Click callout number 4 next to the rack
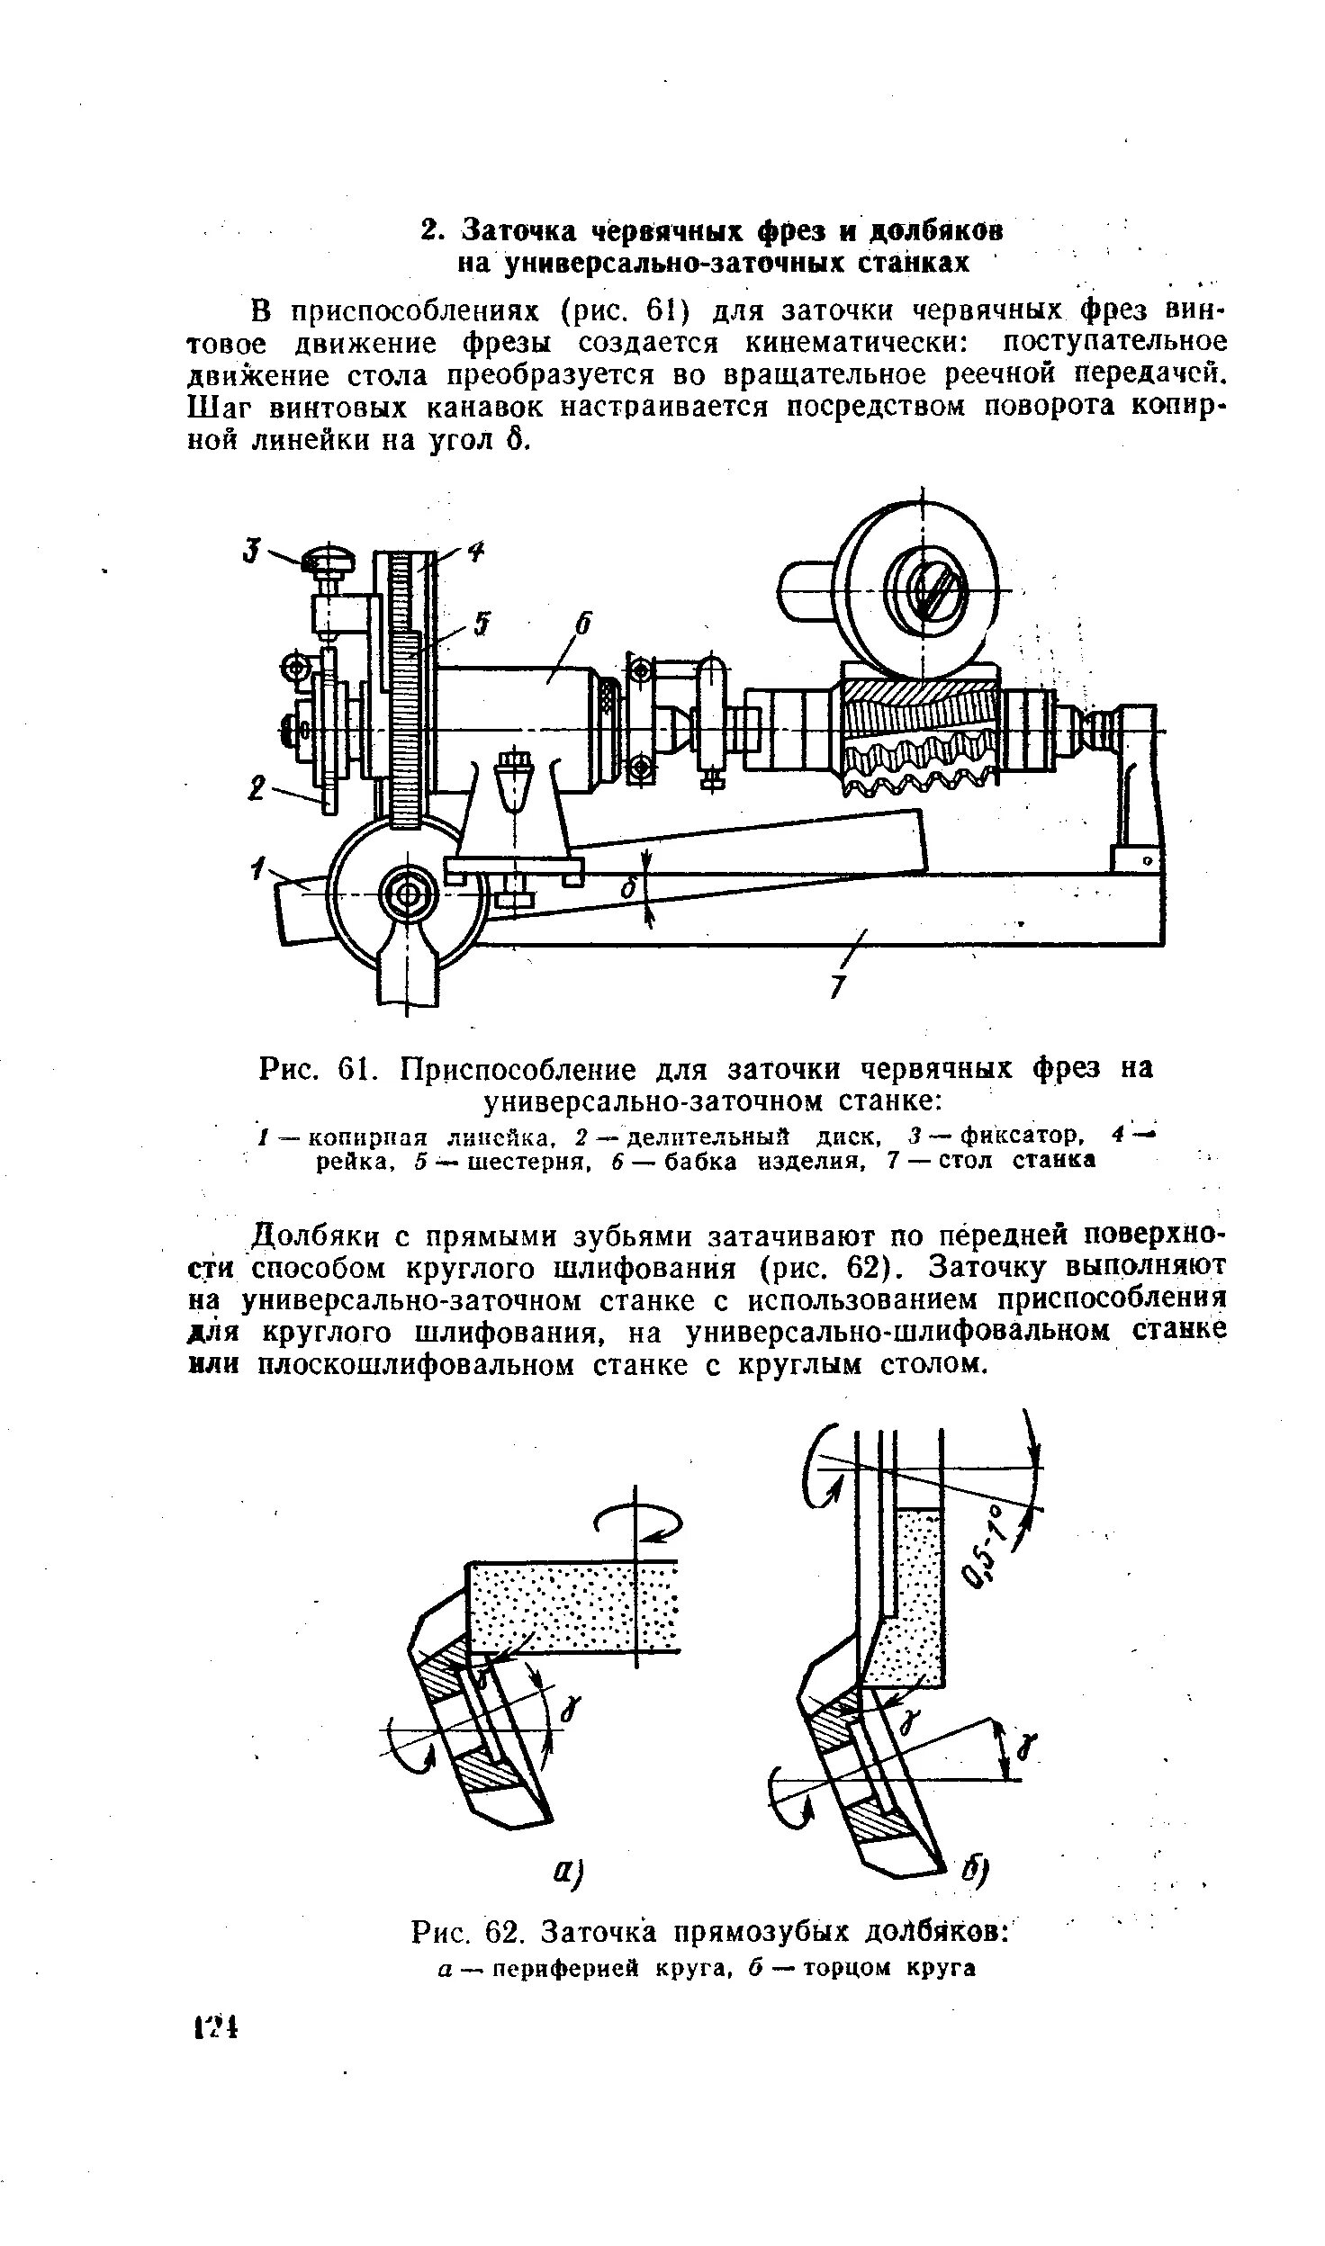475,553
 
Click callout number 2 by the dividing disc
257,791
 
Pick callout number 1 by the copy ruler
259,869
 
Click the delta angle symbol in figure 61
631,889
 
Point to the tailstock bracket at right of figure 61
1139,783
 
